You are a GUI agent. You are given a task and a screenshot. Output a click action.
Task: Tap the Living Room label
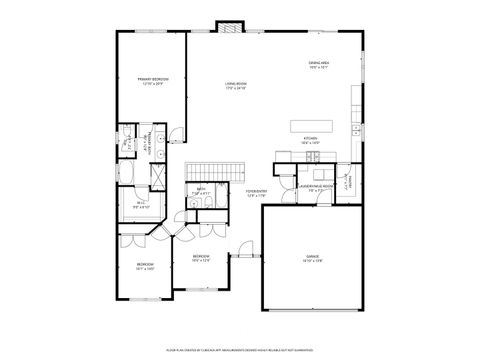(236, 85)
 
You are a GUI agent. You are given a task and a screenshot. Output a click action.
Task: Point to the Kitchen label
(309, 140)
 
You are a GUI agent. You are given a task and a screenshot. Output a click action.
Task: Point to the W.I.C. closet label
(140, 206)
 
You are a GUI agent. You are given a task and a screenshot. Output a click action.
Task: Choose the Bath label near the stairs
(200, 190)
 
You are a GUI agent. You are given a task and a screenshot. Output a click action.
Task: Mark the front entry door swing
(243, 248)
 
